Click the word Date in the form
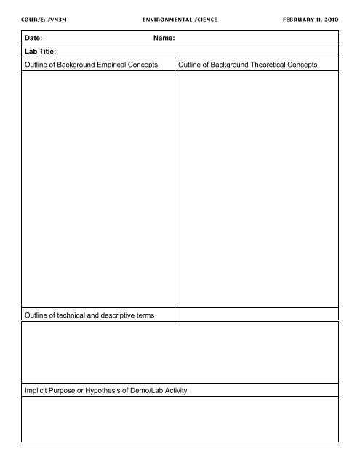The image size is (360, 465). [33, 36]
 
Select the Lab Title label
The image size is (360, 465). [41, 52]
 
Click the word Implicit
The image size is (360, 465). [40, 391]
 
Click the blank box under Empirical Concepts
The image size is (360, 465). [98, 189]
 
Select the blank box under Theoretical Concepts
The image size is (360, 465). [257, 189]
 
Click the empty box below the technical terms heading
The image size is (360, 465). [180, 352]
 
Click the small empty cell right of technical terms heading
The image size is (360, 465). [257, 314]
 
